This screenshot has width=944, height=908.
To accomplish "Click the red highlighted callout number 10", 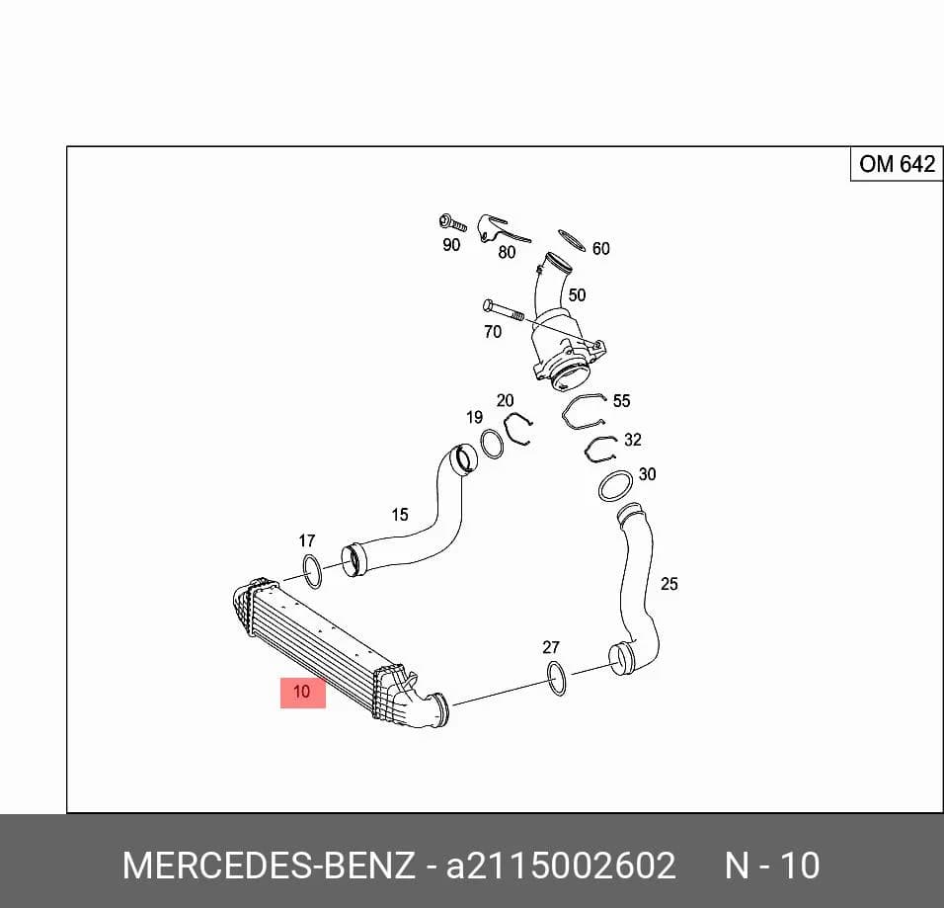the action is point(303,693).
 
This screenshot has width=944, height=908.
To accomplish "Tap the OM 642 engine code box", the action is point(897,164).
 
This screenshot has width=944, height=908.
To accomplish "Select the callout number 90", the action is point(451,245).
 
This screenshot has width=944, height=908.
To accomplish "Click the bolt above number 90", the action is point(452,223).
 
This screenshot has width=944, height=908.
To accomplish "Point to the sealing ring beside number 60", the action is point(572,241).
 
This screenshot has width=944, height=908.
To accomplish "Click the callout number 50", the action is point(577,295).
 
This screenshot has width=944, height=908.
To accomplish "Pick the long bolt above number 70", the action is point(504,311).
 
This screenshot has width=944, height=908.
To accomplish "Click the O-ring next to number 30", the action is point(615,486).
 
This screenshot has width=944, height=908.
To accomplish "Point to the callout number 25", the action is point(669,584).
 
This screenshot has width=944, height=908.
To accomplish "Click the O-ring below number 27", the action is point(556,678).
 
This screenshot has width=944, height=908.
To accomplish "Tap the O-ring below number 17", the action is point(312,572).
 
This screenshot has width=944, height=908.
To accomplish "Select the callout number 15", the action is point(400,515).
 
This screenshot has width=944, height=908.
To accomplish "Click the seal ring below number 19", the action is point(492,444).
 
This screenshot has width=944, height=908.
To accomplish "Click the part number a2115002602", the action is point(561,866).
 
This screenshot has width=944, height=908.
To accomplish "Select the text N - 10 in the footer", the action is point(772,866).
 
